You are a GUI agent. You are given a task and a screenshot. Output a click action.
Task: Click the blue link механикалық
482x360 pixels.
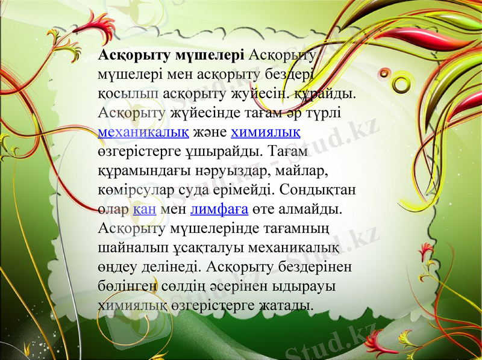(142, 132)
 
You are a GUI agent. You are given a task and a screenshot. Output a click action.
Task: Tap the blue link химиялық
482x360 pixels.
(266, 132)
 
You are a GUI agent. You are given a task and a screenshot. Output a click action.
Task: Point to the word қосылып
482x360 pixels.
(128, 94)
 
